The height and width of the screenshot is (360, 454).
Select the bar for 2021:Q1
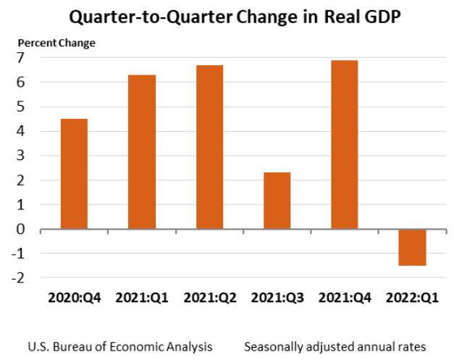[142, 152]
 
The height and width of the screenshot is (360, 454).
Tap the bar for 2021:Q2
[209, 147]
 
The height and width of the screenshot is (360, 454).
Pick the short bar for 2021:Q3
[277, 201]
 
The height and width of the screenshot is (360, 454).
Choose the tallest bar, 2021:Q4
[345, 145]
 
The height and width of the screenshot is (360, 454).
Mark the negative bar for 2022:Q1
[413, 247]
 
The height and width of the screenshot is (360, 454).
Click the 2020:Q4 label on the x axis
[74, 298]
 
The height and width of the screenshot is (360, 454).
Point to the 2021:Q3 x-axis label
[277, 298]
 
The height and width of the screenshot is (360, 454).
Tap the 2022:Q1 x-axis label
[413, 298]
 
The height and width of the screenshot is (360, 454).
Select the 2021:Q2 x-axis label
[209, 298]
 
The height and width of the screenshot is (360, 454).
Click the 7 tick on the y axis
[22, 58]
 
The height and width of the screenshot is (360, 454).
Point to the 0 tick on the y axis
[22, 229]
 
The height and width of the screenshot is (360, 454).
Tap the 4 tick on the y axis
[22, 131]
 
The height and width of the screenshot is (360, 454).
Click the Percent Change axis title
[56, 43]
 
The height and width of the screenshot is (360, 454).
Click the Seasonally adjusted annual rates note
[335, 346]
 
